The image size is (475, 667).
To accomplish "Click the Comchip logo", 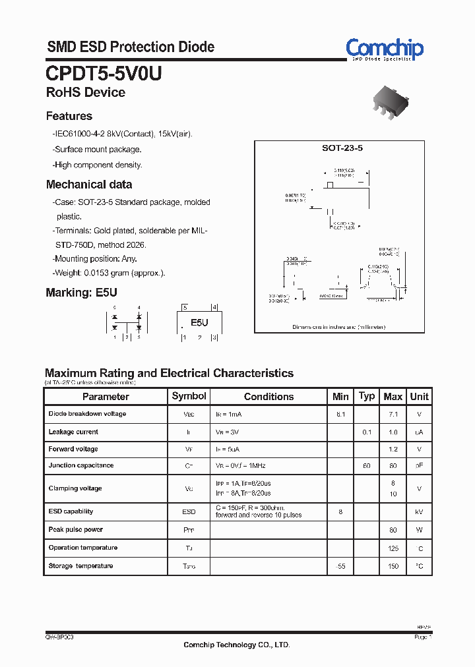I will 385,48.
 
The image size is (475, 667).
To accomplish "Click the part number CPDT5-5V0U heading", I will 104,73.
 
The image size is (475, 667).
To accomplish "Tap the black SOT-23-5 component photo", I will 390,103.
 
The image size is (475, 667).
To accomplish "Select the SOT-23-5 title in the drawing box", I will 342,148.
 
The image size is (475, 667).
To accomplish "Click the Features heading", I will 69,116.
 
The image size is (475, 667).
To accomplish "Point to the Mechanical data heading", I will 88,185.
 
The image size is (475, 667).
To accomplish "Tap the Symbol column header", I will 189,396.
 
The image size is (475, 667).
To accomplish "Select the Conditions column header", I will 269,397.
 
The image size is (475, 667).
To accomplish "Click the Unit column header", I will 419,396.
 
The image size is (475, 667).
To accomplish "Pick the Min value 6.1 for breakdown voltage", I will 340,414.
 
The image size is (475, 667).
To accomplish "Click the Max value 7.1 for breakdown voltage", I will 393,414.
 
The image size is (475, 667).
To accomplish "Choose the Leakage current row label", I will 73,432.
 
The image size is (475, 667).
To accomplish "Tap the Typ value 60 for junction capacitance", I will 366,466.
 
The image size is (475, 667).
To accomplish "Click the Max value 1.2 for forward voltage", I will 393,449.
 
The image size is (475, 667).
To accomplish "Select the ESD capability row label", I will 71,511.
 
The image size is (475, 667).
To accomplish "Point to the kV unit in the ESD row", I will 419,512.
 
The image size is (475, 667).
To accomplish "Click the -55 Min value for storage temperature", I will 340,566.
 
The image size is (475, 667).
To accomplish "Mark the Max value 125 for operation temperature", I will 393,548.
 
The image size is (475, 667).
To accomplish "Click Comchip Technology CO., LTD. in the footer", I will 236,645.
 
